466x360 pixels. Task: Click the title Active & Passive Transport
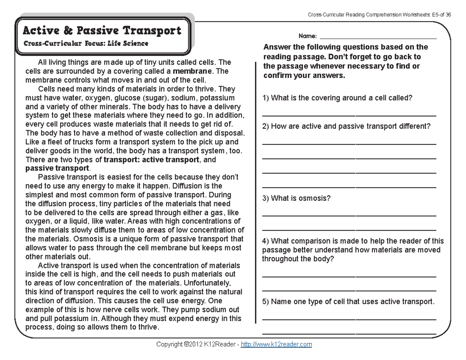[102, 31]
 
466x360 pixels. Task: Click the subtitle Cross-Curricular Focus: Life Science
[86, 43]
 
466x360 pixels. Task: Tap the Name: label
[308, 37]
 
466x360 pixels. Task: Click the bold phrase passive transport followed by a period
[57, 169]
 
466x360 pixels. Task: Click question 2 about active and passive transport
[346, 126]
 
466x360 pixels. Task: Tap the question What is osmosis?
[296, 198]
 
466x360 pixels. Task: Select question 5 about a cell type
[348, 301]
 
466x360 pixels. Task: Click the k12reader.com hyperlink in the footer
[276, 344]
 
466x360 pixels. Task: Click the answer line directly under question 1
[349, 116]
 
